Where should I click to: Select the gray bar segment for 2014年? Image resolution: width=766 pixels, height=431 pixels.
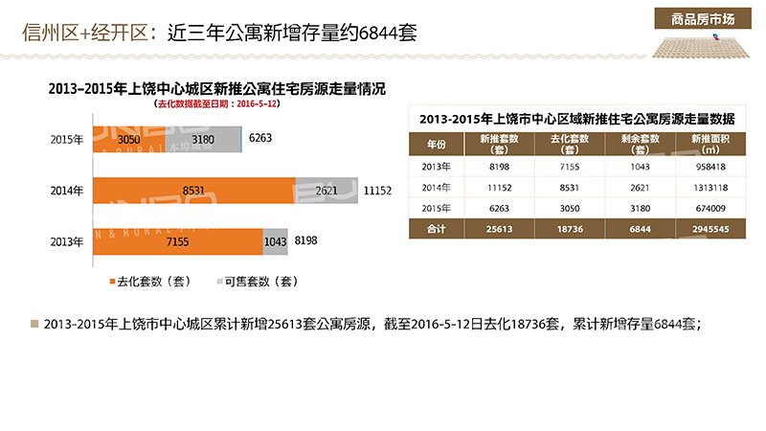click(327, 190)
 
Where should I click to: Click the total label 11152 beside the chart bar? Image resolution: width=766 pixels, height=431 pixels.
click(378, 191)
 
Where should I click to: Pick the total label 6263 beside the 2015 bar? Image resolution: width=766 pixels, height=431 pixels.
click(260, 139)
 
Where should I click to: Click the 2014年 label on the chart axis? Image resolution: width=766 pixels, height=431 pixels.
click(66, 191)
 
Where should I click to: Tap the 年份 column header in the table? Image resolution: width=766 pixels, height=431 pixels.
click(436, 145)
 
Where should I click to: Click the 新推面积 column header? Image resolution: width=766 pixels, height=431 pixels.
click(707, 145)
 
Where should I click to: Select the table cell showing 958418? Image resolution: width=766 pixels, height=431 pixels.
click(707, 167)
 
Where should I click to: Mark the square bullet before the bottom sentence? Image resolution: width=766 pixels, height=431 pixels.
click(35, 324)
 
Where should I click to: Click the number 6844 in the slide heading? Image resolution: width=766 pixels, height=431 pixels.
click(376, 34)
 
